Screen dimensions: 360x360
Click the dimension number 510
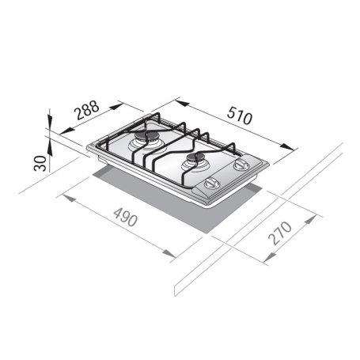pos(236,117)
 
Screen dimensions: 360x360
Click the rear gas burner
pos(146,142)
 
